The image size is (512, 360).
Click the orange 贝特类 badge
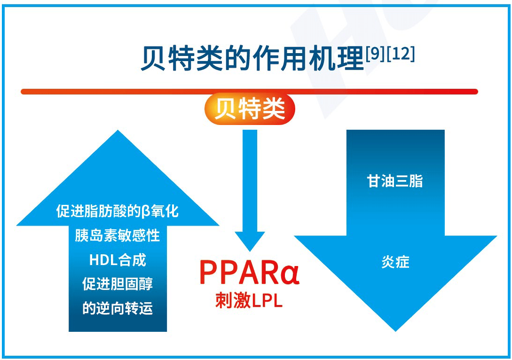click(250, 109)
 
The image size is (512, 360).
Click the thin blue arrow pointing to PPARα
click(250, 188)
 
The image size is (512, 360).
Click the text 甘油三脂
click(395, 181)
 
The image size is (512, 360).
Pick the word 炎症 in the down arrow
click(395, 262)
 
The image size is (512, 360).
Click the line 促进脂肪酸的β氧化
click(117, 211)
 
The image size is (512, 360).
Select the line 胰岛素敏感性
click(117, 235)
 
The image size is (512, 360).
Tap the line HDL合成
click(117, 259)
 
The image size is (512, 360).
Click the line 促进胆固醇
click(117, 284)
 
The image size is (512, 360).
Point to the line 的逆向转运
click(117, 308)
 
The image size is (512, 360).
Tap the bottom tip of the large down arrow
click(395, 329)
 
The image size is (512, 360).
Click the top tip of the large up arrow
click(118, 133)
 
